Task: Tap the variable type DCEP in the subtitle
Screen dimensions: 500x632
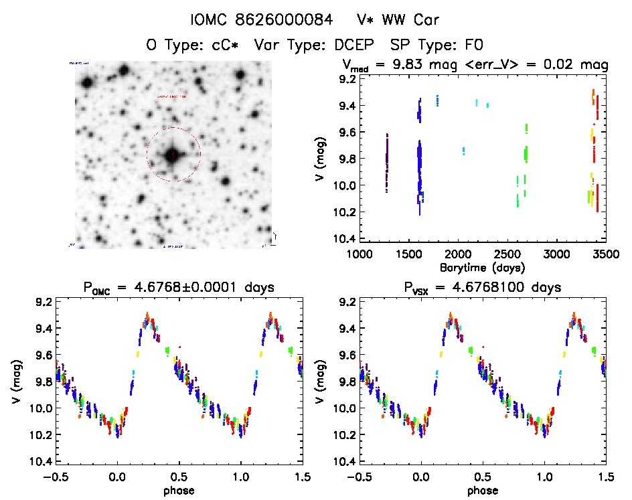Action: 350,46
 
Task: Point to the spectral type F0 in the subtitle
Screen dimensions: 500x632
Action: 472,46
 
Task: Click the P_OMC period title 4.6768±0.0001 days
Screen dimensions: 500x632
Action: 179,288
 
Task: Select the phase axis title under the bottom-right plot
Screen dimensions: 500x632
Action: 482,490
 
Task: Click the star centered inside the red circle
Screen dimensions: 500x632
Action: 173,155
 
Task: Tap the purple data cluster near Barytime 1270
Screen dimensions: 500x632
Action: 387,163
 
